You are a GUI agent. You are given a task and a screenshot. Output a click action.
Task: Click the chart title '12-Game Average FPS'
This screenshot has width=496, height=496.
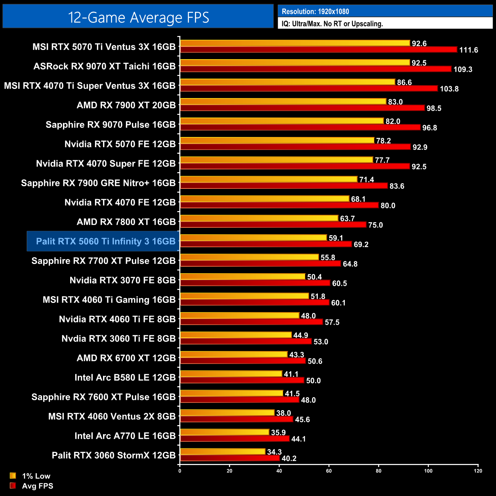point(138,18)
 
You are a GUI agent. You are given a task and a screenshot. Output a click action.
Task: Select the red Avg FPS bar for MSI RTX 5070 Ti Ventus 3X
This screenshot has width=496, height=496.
point(319,50)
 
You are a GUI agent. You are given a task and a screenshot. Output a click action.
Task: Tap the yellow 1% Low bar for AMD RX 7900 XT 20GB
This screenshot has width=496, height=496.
point(283,101)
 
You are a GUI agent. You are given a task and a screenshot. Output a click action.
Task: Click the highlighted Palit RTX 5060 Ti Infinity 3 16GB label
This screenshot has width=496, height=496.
point(105,241)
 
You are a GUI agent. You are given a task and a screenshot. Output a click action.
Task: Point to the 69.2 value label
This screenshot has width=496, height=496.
point(361,245)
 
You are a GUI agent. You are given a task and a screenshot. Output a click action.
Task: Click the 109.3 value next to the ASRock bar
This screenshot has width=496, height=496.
point(463,69)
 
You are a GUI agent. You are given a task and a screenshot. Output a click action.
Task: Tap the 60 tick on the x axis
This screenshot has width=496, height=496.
point(329,471)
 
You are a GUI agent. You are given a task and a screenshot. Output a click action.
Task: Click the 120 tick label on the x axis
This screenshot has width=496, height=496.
point(478,471)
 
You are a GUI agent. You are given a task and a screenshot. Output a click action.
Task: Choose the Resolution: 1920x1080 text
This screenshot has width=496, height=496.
point(315,11)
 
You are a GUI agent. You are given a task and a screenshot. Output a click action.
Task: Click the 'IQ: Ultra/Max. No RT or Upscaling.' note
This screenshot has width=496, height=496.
point(332,24)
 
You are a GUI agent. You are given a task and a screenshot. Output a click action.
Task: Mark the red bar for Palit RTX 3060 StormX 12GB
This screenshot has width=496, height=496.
point(230,458)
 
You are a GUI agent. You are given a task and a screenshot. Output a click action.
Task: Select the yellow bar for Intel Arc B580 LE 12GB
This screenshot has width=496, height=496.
point(231,374)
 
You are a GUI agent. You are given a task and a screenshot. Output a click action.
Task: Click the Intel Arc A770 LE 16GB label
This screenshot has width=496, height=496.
point(125,436)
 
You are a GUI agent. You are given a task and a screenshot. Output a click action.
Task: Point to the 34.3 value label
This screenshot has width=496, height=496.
point(274,452)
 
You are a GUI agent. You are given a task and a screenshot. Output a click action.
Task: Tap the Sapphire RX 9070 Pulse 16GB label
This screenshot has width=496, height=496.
point(110,125)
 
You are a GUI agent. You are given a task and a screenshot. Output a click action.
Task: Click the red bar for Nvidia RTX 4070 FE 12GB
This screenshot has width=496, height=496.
point(279,205)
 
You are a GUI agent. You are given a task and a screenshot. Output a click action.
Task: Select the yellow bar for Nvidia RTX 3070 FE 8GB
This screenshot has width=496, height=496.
point(243,277)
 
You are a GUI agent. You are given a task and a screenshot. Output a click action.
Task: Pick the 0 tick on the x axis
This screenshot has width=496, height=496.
point(180,471)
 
